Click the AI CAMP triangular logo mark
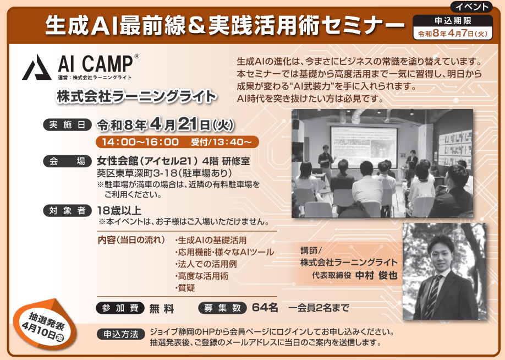[37, 67]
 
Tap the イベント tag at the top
[472, 7]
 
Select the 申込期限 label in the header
[453, 21]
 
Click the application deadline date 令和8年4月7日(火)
[453, 34]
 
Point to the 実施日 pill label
[67, 125]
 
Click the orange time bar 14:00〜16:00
[177, 142]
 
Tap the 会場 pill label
[67, 161]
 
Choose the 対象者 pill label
[67, 211]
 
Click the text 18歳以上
[119, 211]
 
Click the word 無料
[162, 309]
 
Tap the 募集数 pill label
[223, 308]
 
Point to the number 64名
[265, 308]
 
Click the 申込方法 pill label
[121, 334]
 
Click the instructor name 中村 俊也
[376, 276]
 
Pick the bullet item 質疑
[185, 288]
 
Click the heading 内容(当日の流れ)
[131, 240]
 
